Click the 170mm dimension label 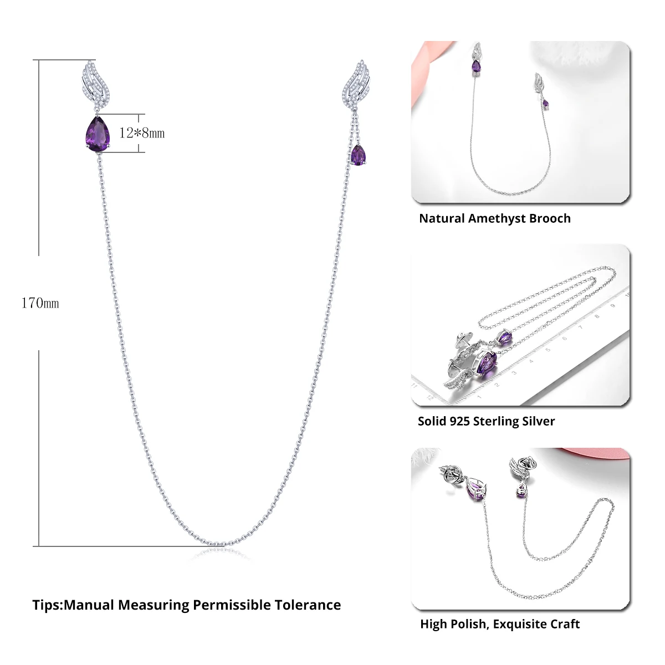(x=40, y=303)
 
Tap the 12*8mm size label (x=142, y=133)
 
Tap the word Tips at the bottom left (x=47, y=605)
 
